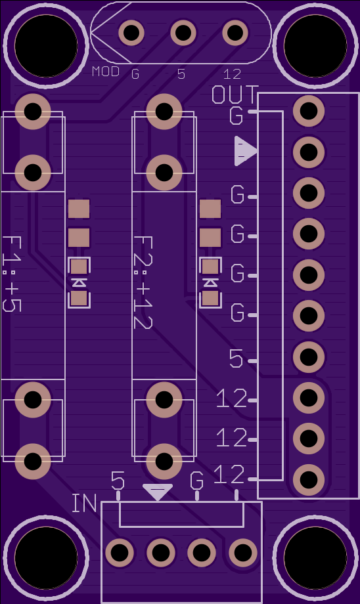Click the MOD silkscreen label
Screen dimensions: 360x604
[x=106, y=72]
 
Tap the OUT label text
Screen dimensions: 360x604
[x=235, y=95]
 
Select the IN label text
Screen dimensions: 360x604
[x=84, y=503]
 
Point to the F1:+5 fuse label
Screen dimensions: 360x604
[x=12, y=274]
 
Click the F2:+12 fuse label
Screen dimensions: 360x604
[x=143, y=282]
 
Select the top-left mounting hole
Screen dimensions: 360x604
[x=46, y=46]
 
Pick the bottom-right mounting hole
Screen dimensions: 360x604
[x=315, y=558]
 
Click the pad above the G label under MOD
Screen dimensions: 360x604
[x=131, y=33]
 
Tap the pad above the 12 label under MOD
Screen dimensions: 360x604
[x=235, y=33]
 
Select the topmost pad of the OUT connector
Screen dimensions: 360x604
[x=308, y=111]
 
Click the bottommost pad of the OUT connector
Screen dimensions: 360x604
[x=308, y=479]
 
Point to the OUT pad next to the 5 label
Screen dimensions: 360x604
[x=308, y=356]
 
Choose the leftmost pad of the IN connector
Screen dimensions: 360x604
[x=120, y=553]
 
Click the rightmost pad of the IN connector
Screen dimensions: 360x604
[x=243, y=553]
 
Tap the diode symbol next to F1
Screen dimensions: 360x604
[x=79, y=283]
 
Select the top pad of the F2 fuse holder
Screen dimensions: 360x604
[x=164, y=112]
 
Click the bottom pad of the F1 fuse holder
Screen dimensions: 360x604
[x=33, y=461]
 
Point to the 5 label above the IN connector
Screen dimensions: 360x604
[x=118, y=481]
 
